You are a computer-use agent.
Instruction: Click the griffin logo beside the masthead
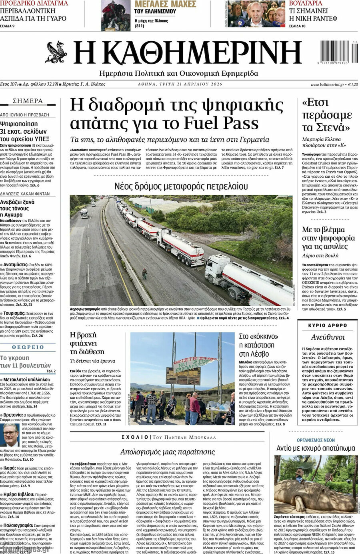[56, 52]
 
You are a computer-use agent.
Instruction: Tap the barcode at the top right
[339, 52]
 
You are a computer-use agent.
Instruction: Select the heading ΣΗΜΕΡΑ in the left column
[28, 101]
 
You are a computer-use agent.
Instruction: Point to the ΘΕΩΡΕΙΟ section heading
[28, 347]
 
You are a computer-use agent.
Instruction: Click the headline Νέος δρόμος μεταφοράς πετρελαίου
[181, 186]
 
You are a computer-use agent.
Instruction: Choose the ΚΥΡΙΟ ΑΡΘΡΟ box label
[328, 325]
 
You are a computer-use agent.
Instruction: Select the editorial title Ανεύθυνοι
[328, 337]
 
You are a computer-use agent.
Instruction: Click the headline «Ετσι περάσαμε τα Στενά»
[326, 115]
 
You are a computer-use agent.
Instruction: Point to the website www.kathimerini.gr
[327, 84]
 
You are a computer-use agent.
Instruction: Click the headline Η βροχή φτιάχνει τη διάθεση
[87, 343]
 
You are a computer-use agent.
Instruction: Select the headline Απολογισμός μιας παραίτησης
[167, 452]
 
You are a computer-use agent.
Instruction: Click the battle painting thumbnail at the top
[116, 15]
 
